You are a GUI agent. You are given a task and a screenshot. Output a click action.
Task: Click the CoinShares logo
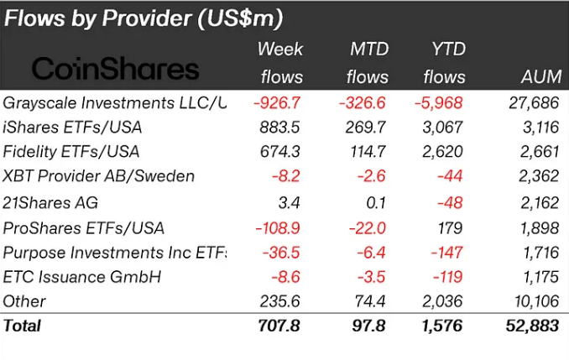click(116, 69)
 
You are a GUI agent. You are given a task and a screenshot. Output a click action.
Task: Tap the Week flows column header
click(280, 63)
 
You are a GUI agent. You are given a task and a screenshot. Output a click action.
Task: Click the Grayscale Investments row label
click(115, 103)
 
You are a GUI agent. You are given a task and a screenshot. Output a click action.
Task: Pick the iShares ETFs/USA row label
click(73, 128)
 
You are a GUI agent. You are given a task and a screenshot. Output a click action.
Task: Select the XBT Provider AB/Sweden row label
click(99, 177)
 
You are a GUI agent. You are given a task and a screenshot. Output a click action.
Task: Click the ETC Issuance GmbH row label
click(82, 276)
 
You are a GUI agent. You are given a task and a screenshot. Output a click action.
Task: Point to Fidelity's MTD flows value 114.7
click(367, 152)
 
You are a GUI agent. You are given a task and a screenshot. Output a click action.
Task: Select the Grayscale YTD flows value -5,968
click(441, 103)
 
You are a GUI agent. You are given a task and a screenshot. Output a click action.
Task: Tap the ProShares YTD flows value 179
click(452, 227)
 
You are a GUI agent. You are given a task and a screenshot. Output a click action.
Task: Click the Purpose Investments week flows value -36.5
click(281, 251)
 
